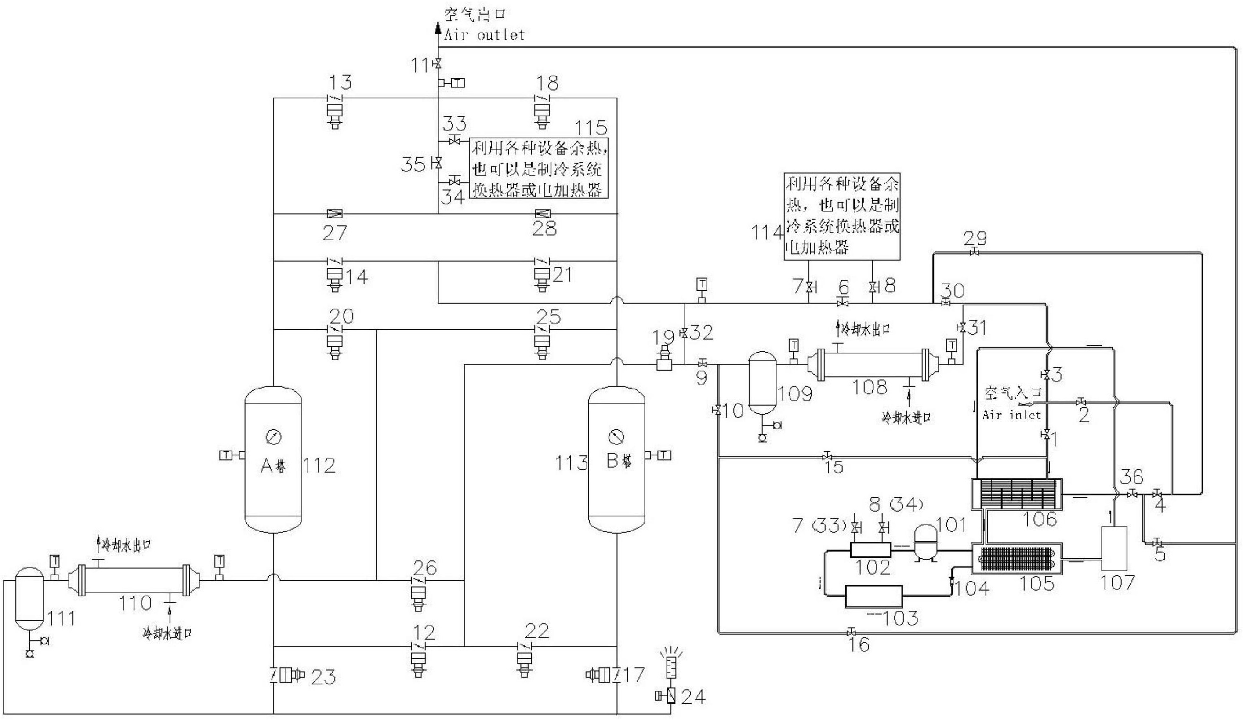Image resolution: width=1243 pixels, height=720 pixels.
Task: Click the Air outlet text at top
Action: [x=484, y=35]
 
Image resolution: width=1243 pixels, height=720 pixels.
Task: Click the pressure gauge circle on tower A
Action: [x=273, y=437]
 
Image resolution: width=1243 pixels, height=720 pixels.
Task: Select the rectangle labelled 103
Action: [x=873, y=596]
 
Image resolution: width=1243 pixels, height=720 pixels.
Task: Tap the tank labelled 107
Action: [x=1114, y=549]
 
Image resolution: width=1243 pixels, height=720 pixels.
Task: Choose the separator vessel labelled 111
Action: [x=29, y=599]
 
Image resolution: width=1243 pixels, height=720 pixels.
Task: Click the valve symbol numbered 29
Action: [x=974, y=253]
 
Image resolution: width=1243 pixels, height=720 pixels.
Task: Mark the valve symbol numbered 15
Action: [x=827, y=455]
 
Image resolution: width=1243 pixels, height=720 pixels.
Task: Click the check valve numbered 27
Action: [x=335, y=214]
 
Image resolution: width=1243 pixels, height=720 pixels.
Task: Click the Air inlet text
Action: [x=1011, y=415]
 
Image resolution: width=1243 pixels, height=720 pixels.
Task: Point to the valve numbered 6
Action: [x=844, y=302]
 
